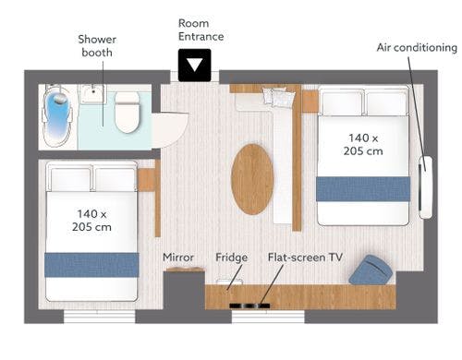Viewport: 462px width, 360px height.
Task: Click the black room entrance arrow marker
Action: tap(195, 66)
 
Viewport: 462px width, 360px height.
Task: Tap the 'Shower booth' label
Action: tap(97, 46)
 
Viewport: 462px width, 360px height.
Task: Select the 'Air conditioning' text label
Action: tap(417, 48)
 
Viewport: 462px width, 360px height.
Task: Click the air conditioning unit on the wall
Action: tap(426, 187)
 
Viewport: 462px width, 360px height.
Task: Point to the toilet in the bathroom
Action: tap(128, 113)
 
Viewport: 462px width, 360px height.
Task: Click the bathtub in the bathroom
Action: tap(57, 114)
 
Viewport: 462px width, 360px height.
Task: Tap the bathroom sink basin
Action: tap(92, 93)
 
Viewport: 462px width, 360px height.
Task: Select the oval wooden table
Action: tap(252, 179)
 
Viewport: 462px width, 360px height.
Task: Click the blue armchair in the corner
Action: tap(371, 270)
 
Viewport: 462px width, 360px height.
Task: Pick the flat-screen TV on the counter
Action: tap(249, 306)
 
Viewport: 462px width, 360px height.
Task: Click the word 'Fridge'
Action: tap(231, 258)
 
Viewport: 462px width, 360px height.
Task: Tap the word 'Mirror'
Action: tap(178, 257)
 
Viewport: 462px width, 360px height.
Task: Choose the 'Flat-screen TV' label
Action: tap(305, 258)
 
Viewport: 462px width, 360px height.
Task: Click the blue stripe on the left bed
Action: tap(91, 265)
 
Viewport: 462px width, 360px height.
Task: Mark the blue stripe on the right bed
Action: tap(363, 189)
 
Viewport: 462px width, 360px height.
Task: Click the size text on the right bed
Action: tap(363, 145)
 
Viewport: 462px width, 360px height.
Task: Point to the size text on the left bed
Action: tap(91, 221)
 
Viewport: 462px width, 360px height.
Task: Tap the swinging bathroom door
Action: tap(170, 130)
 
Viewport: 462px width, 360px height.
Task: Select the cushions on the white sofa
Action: tap(278, 96)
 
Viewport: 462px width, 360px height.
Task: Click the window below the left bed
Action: tap(100, 317)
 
